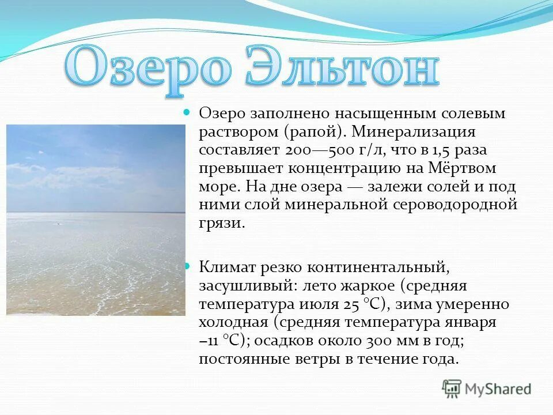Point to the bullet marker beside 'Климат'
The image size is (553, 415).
186,266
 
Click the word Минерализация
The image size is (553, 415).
414,132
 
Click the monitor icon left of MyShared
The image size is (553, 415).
452,389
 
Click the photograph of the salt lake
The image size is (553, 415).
96,220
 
